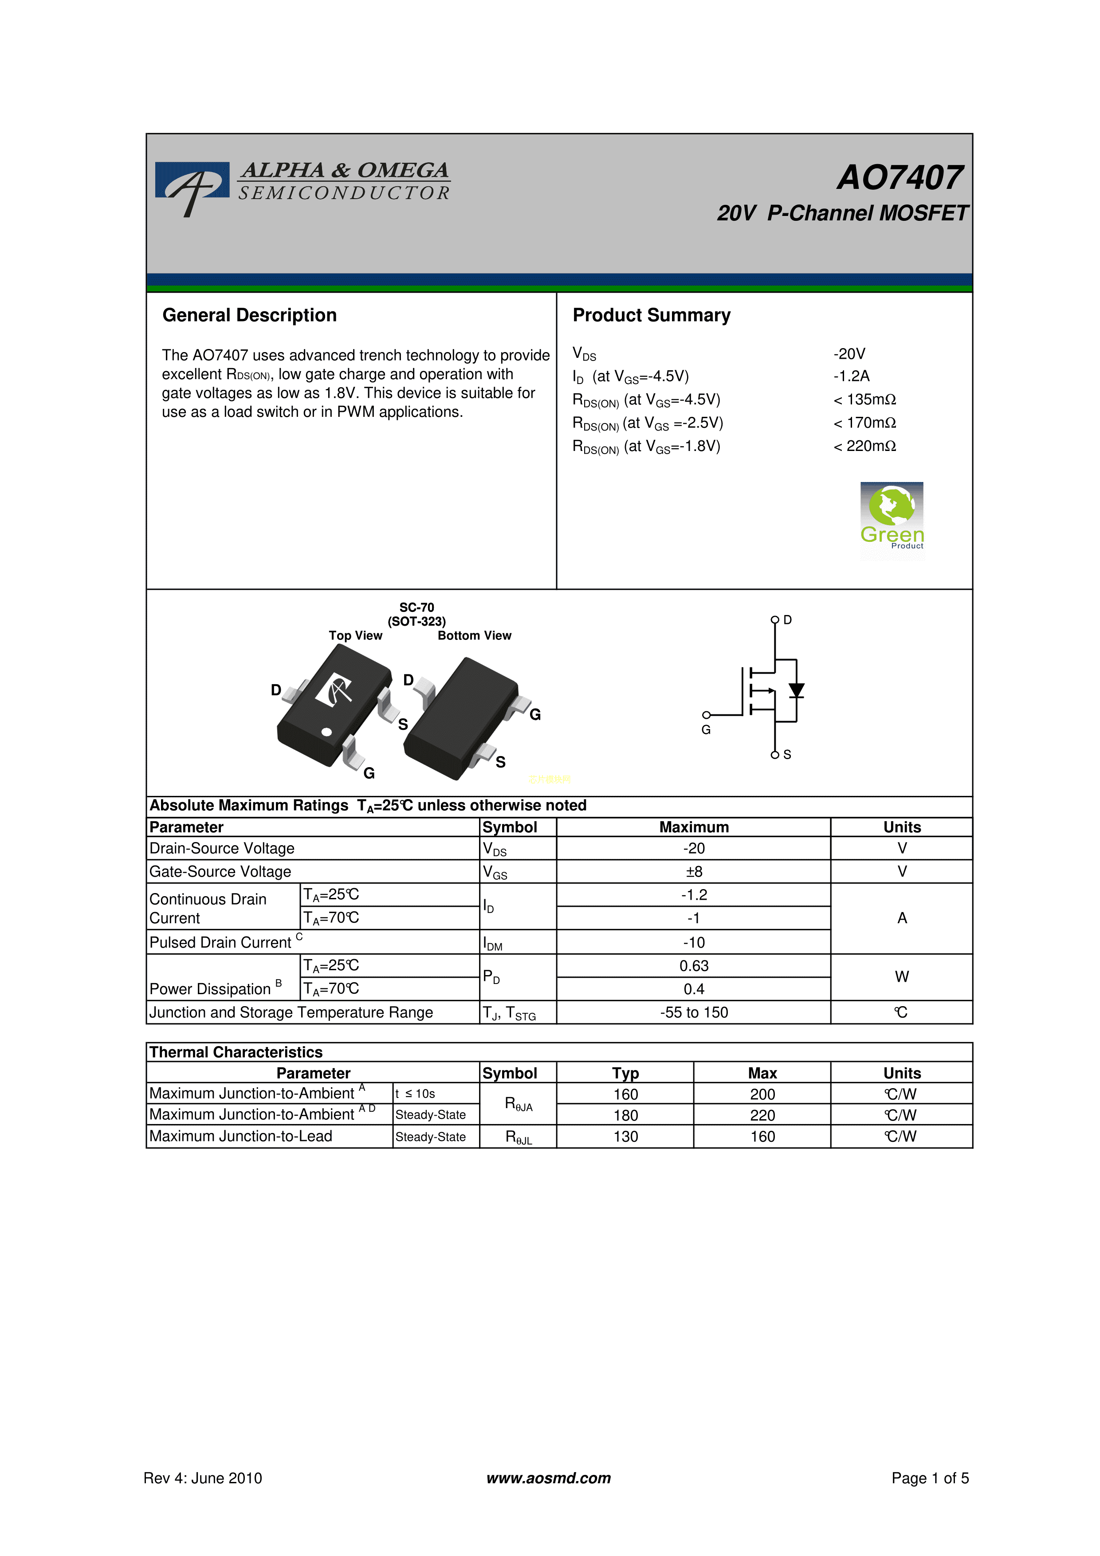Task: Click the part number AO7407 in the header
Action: click(x=900, y=177)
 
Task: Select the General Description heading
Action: click(x=249, y=315)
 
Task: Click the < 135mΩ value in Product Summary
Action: click(x=865, y=400)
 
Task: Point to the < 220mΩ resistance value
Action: click(x=865, y=446)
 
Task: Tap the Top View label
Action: click(x=356, y=636)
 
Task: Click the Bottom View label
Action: click(x=475, y=636)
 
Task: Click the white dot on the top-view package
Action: click(x=327, y=732)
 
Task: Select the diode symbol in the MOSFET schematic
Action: click(x=796, y=690)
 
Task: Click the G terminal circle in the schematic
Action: click(x=706, y=715)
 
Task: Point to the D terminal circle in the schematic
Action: click(x=775, y=620)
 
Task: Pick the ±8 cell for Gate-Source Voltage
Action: click(x=694, y=871)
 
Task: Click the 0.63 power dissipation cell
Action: click(x=694, y=966)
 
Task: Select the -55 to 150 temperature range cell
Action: click(x=694, y=1012)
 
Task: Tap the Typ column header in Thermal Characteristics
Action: click(x=625, y=1074)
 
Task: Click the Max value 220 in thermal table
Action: click(x=762, y=1116)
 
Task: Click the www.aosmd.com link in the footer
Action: click(x=549, y=1478)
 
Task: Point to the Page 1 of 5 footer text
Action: click(x=930, y=1478)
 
